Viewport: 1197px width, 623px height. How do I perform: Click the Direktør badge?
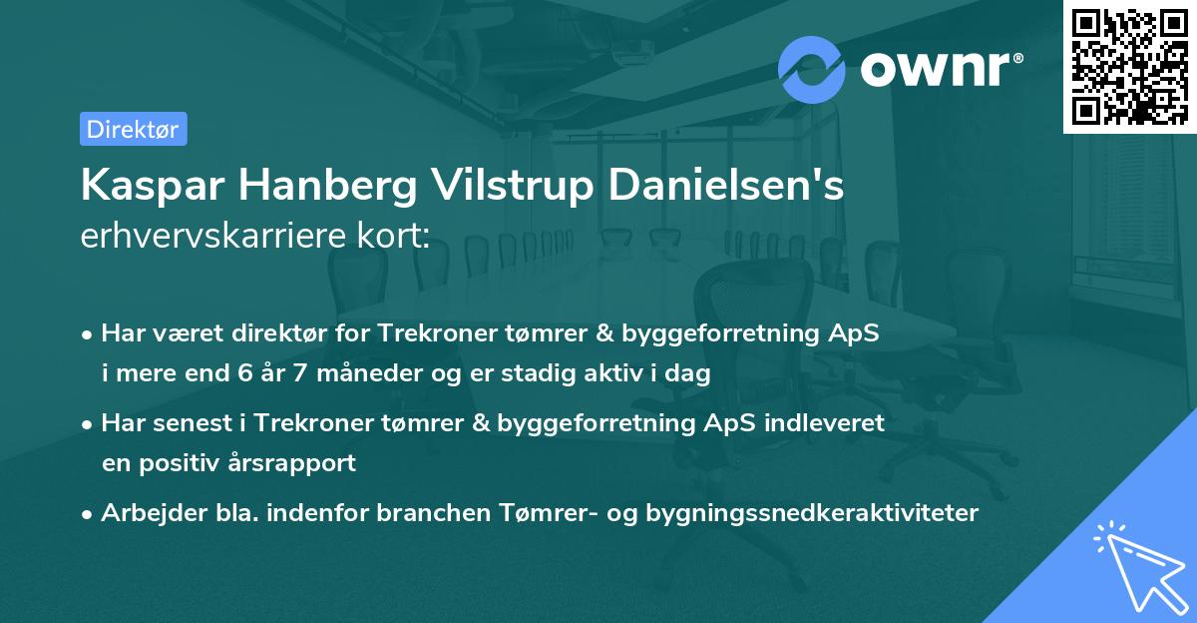[133, 129]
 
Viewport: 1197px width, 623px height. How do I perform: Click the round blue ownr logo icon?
[812, 69]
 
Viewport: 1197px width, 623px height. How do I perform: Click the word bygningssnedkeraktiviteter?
[813, 513]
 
